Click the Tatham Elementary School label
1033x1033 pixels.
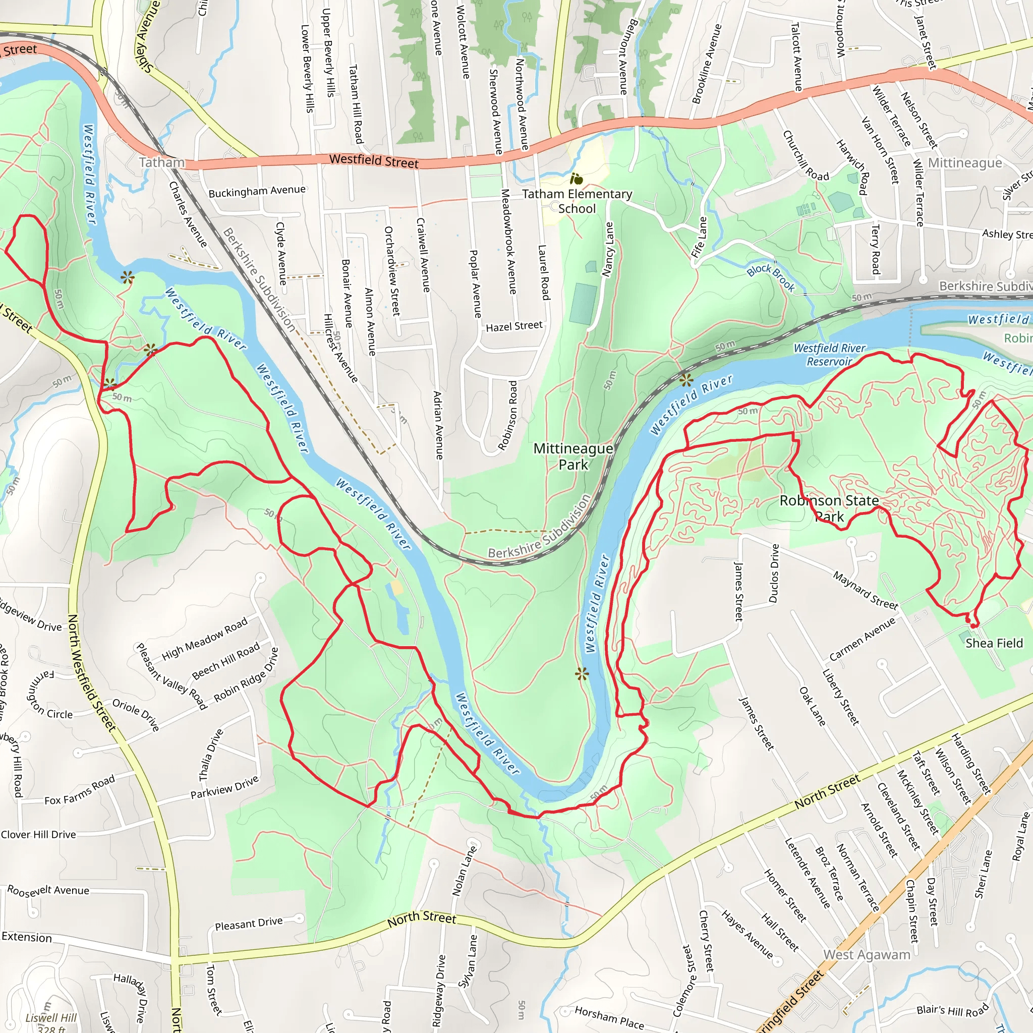(577, 201)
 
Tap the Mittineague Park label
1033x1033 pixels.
(573, 456)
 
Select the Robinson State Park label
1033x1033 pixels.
(829, 508)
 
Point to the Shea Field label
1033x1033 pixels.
(994, 643)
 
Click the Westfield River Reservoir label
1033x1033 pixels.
(829, 355)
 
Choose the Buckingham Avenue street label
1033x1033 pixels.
(257, 191)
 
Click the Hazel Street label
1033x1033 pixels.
(514, 326)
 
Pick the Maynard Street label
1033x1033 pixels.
(865, 590)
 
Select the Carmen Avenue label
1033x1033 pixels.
(862, 639)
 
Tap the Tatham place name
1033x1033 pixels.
(161, 162)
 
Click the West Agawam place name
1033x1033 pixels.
(866, 954)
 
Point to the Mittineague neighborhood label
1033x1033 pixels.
(964, 162)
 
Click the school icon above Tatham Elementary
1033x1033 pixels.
(576, 179)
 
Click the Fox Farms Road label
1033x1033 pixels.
(80, 790)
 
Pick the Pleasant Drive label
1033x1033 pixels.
(249, 924)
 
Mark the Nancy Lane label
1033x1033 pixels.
(608, 249)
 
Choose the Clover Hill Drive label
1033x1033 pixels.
(38, 835)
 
